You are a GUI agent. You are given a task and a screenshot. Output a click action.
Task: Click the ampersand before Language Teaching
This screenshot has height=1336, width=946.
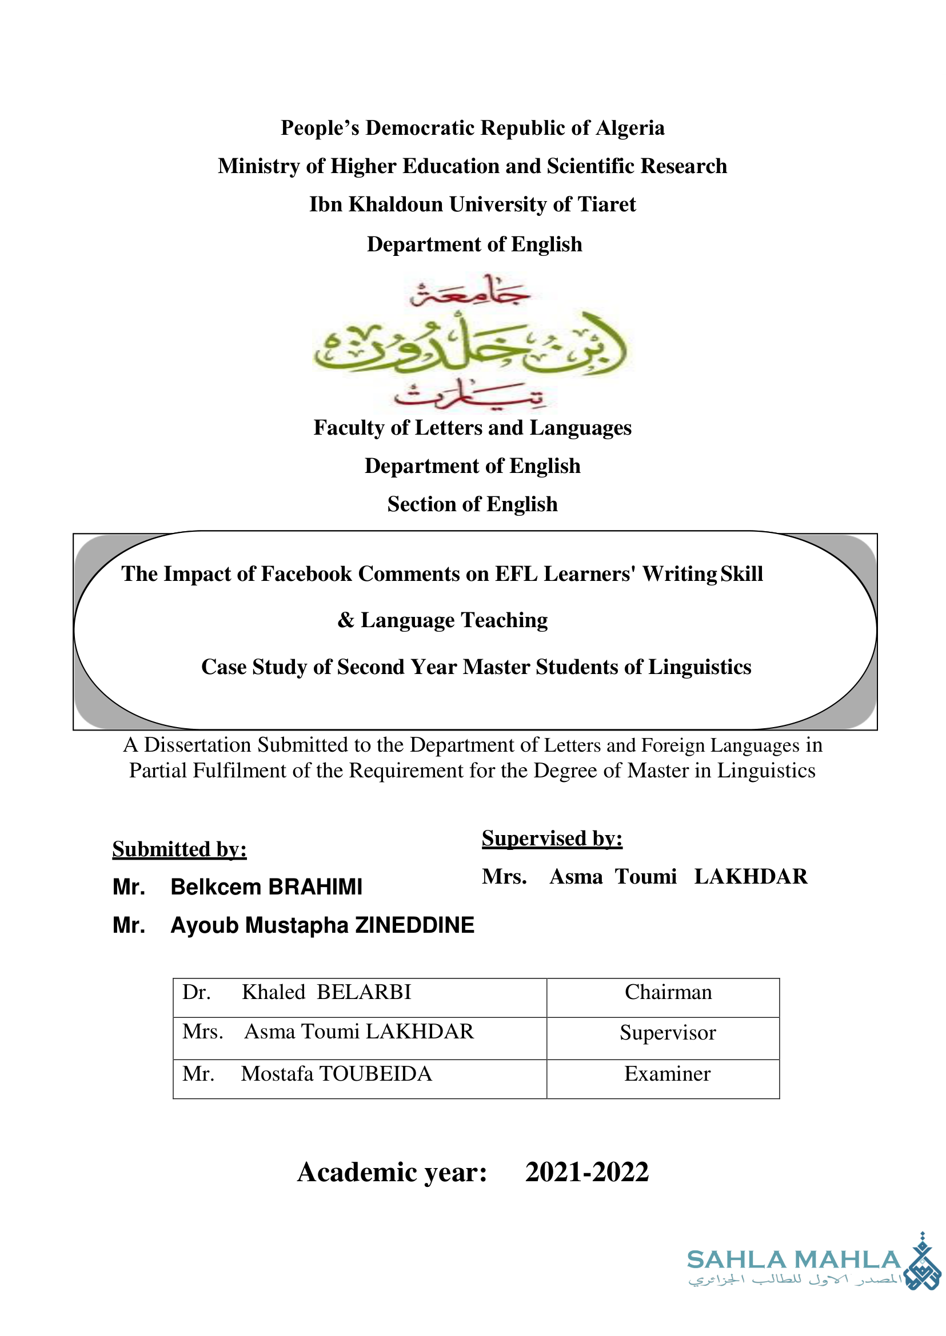[x=346, y=620]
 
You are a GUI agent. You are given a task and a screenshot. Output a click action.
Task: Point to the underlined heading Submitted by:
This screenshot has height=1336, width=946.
[x=179, y=849]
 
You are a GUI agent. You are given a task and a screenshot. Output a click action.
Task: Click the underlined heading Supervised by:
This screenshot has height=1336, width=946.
[x=552, y=838]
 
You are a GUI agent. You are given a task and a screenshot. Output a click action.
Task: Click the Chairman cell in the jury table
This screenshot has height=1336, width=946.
[x=668, y=992]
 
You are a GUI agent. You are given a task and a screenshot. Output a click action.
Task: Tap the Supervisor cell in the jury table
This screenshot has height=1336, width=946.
[x=668, y=1033]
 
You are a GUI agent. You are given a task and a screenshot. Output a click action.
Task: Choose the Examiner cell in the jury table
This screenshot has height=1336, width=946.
[x=668, y=1073]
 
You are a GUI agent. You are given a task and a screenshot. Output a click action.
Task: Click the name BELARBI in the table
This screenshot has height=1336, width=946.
[x=364, y=992]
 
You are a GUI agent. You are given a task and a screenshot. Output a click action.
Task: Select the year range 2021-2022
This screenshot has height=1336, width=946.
[x=586, y=1172]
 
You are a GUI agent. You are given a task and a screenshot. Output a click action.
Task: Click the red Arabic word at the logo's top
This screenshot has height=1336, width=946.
[x=469, y=293]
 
